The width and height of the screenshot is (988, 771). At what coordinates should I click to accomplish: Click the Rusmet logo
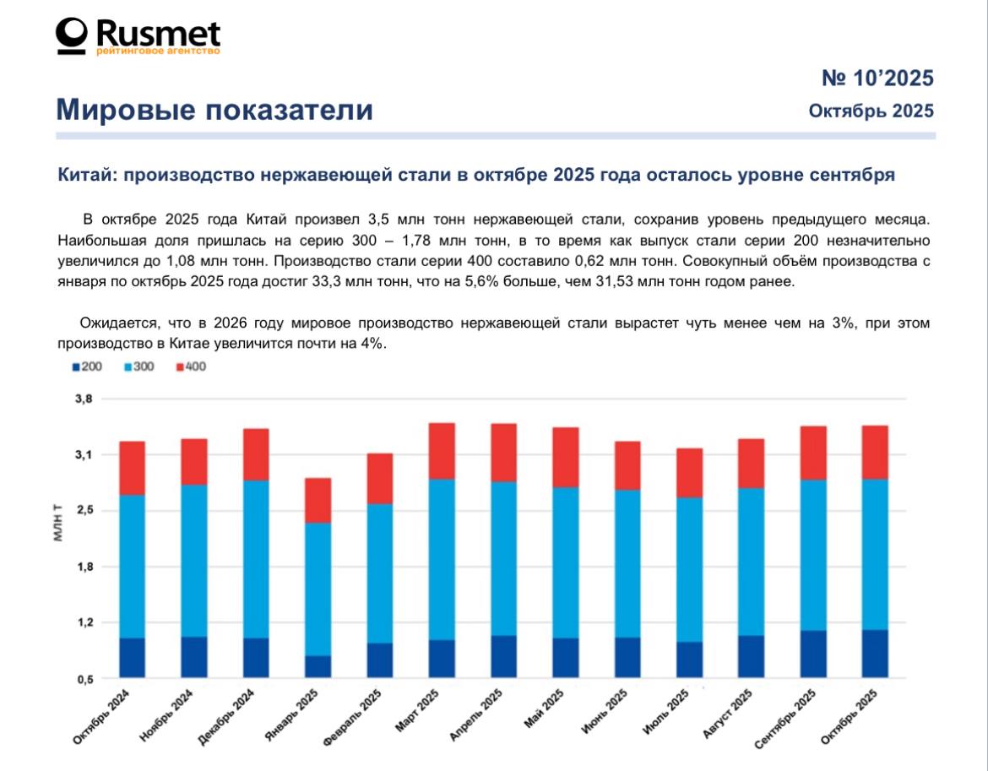pos(138,36)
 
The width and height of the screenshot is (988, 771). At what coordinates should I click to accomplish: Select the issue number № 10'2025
pos(877,79)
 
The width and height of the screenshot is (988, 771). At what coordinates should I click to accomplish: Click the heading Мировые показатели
pos(214,110)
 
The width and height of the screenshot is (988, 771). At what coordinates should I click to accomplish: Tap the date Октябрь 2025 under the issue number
pos(871,111)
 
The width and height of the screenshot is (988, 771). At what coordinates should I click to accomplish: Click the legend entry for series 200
pos(86,366)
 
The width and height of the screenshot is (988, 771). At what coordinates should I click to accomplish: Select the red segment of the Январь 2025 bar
pos(318,500)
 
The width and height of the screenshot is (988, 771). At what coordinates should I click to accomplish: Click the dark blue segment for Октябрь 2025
pos(874,653)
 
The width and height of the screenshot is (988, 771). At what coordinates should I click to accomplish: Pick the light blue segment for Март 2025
pos(442,559)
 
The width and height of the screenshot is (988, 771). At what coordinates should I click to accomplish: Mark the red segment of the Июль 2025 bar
pos(690,472)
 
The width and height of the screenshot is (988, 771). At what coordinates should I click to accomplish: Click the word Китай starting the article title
pos(83,176)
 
